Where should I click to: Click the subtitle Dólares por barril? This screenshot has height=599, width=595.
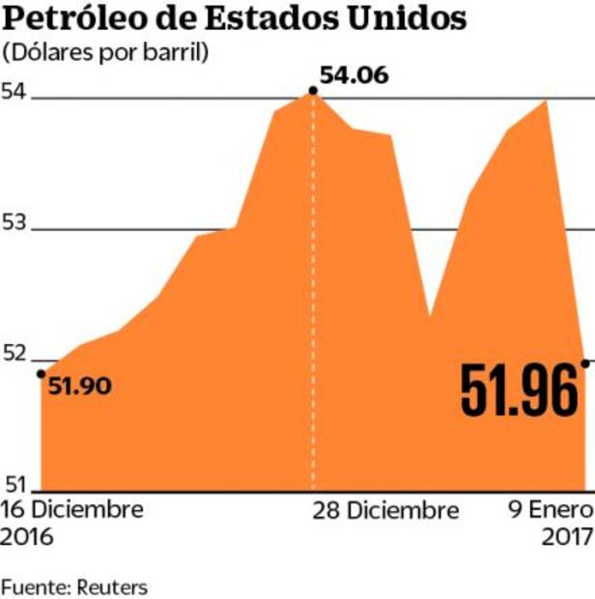[106, 52]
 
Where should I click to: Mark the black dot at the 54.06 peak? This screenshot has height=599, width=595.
[312, 91]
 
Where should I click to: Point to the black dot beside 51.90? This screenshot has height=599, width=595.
[41, 373]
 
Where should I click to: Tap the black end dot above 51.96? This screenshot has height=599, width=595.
[585, 362]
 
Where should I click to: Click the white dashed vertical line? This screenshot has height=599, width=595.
[312, 290]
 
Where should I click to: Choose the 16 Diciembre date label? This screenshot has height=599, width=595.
[72, 510]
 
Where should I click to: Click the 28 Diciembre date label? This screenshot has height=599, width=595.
[385, 510]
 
